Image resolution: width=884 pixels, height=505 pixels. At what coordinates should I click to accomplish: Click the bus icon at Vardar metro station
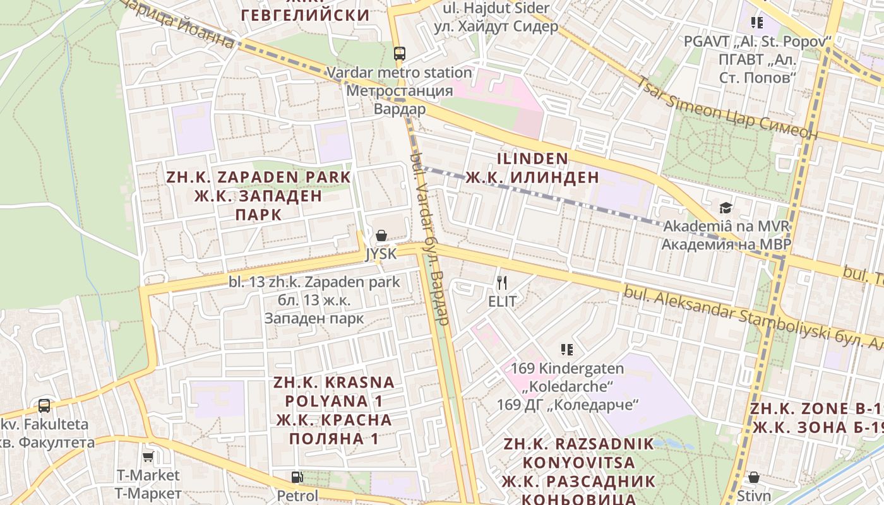pos(399,54)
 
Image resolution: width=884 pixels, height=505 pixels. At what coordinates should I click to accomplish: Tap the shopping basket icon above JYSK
pos(381,236)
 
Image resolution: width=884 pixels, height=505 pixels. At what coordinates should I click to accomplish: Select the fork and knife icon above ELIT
pos(502,282)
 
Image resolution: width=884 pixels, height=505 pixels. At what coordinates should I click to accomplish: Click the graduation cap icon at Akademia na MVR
pos(726,208)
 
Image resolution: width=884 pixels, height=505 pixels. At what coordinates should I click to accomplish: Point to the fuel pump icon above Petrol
pos(297,477)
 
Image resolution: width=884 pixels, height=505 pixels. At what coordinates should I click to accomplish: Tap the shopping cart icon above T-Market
pos(148,456)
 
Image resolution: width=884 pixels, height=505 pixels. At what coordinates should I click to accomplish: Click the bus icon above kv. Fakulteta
pos(44,405)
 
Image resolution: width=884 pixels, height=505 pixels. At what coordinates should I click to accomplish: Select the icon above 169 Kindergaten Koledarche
pos(566,349)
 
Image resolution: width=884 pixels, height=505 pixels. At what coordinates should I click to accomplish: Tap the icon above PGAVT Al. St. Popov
pos(756,23)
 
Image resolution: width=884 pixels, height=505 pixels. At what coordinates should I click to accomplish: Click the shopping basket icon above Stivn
pos(753,477)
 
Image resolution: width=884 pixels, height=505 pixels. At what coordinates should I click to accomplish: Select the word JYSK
pos(381,254)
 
